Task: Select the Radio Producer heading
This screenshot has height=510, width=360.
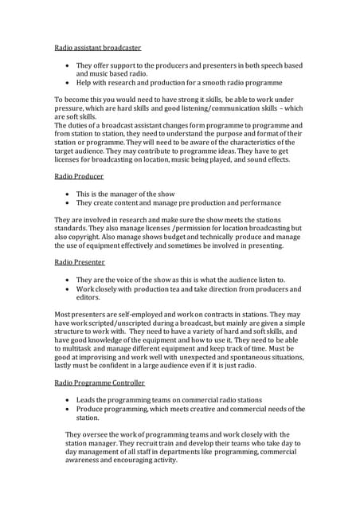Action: pos(78,175)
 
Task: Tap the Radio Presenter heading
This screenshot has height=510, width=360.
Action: pos(80,261)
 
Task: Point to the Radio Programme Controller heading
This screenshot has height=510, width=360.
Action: pos(100,383)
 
